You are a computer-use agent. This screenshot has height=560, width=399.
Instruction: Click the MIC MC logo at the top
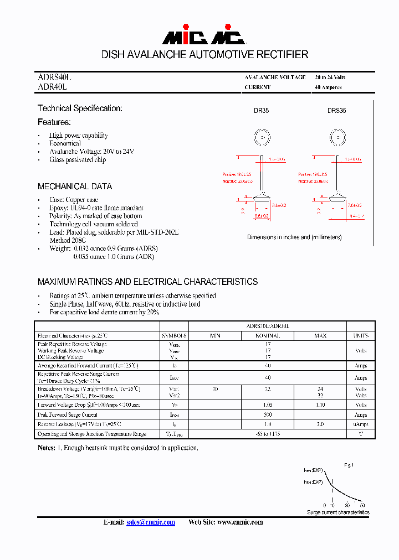coord(203,37)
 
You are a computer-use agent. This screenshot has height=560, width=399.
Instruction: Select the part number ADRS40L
coord(54,78)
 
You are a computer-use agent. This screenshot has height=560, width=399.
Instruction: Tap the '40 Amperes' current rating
coord(328,87)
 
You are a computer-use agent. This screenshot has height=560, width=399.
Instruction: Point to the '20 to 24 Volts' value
coord(330,77)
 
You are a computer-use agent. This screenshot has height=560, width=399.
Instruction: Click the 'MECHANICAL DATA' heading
coord(75,186)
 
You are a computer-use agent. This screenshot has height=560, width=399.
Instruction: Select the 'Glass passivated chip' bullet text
coord(78,160)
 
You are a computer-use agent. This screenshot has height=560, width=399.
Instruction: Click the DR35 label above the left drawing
coord(262,111)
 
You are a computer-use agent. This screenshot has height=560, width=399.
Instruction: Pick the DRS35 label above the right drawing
coord(336,111)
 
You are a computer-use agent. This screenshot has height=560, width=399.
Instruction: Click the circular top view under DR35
coord(262,137)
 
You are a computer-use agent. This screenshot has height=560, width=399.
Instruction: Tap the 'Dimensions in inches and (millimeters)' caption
coord(294,237)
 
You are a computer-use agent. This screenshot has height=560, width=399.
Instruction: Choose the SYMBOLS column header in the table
coord(175,335)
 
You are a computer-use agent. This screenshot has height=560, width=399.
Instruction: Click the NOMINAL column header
coord(268,335)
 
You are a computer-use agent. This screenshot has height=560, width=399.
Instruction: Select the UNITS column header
coord(361,335)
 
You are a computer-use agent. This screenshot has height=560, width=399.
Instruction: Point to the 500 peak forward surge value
coord(268,414)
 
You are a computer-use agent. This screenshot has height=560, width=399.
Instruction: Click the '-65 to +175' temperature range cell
coord(268,434)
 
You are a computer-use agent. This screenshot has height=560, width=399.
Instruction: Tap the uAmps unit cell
coord(361,424)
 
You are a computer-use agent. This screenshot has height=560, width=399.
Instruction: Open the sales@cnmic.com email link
coord(151,522)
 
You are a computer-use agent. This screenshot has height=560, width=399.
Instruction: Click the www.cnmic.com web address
coord(240,522)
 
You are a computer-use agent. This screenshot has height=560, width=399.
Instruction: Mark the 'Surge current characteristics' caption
coord(338,512)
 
